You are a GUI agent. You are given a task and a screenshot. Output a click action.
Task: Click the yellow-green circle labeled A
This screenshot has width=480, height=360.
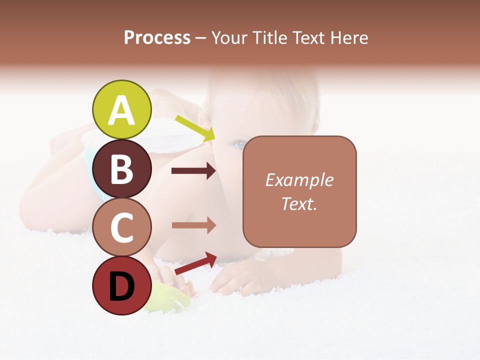pos(121,109)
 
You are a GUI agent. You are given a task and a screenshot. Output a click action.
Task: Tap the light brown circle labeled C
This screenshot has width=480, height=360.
pos(121,227)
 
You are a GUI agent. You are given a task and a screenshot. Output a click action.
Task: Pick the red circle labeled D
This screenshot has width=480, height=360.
pos(121,285)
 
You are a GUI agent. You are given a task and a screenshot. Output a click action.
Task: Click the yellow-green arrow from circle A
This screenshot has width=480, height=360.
pos(195,127)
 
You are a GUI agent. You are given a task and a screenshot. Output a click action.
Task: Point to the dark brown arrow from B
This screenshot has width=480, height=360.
pos(193,171)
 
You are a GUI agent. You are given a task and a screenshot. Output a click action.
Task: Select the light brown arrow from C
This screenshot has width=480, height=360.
pos(193,225)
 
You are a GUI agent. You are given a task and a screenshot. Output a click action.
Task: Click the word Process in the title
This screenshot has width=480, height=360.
pos(157,37)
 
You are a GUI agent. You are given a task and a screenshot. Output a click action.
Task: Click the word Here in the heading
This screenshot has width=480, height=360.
pos(349,37)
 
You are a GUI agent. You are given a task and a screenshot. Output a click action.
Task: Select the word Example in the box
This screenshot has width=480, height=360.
pos(299,180)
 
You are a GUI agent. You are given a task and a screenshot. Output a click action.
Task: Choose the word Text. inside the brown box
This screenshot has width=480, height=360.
pos(299,203)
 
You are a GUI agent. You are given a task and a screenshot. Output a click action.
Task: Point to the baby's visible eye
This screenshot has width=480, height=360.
pos(240,145)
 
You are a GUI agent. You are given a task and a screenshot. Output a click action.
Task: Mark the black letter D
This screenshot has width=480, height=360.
pos(121,286)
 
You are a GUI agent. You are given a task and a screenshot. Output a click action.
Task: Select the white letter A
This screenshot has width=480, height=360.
pos(121,110)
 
